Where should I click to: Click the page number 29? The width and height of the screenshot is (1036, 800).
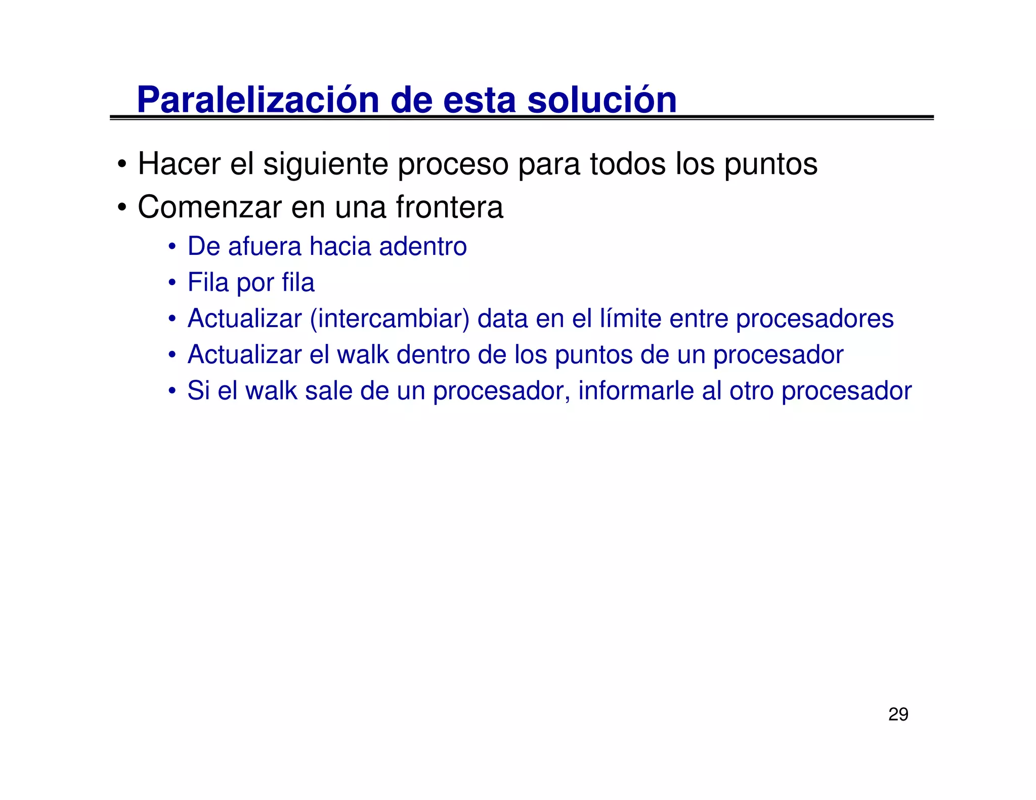coord(898,714)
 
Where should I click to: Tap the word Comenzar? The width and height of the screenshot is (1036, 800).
coord(209,207)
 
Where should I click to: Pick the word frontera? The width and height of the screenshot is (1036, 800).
coord(449,207)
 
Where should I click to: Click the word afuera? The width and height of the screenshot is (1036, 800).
coord(265,247)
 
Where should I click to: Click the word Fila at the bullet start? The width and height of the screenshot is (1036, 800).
coord(208,282)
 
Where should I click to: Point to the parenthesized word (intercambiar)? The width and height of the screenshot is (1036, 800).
coord(390,319)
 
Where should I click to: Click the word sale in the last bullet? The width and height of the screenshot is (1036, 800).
coord(328,391)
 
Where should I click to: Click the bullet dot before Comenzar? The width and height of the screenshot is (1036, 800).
coord(121,208)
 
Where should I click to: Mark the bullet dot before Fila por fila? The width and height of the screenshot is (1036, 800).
coord(172,282)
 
